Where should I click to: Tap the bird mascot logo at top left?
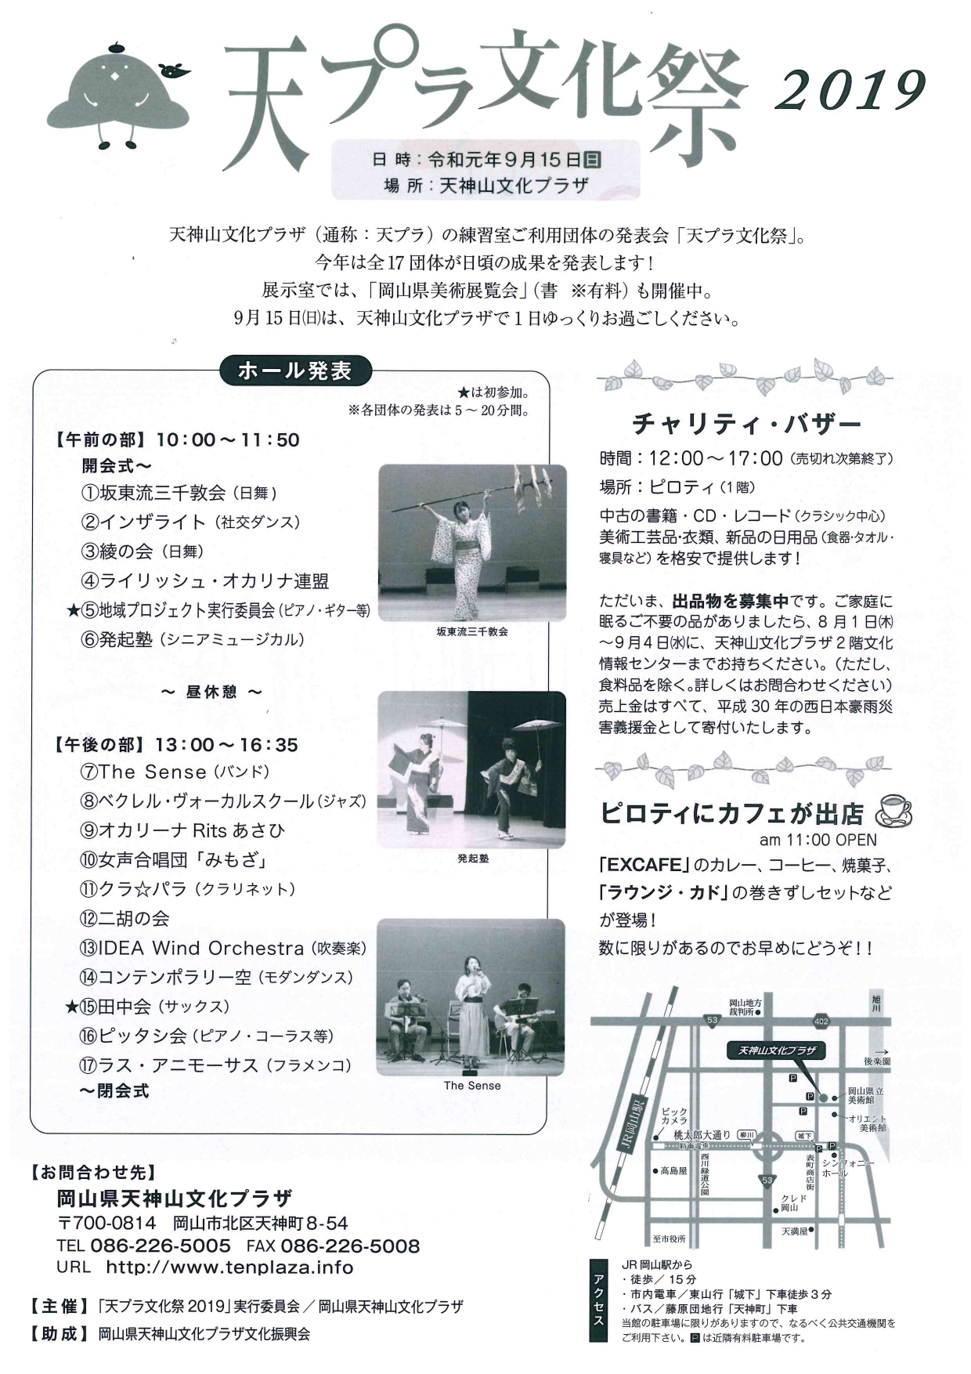(118, 94)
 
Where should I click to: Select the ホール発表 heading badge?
(294, 371)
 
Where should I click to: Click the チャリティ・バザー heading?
(746, 424)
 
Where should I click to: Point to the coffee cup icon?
(893, 811)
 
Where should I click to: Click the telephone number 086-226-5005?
(161, 1246)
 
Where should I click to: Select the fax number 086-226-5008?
(350, 1246)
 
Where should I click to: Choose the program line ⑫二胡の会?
(125, 918)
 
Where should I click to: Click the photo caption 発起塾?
(473, 859)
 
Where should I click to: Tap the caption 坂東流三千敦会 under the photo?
(472, 631)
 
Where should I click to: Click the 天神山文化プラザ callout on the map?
(775, 1050)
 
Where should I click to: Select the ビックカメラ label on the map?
(674, 1115)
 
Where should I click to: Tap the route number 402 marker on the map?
(821, 1022)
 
